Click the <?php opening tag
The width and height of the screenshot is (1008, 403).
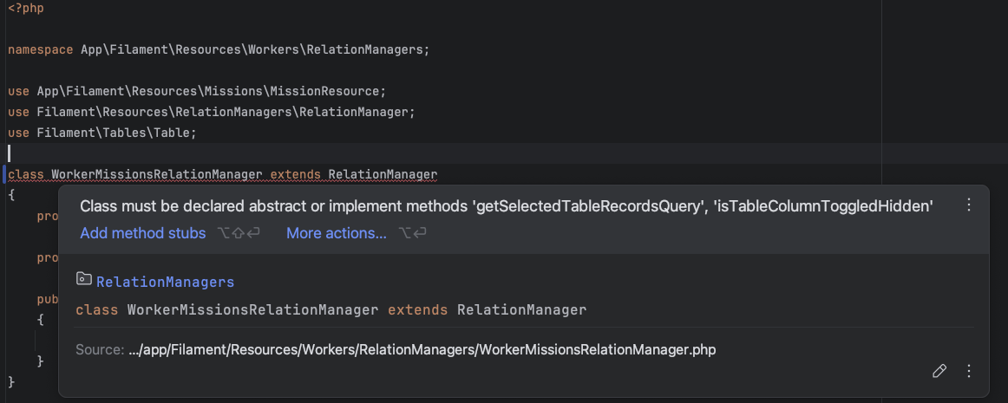pyautogui.click(x=26, y=8)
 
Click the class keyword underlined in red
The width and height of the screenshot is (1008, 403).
pyautogui.click(x=26, y=174)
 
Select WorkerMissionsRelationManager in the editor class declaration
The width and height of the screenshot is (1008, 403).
pyautogui.click(x=156, y=174)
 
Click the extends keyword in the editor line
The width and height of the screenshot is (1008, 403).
pyautogui.click(x=295, y=174)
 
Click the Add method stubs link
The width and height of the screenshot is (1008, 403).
pyautogui.click(x=143, y=233)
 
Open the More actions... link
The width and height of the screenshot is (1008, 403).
pyautogui.click(x=337, y=233)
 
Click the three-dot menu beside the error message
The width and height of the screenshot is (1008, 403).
pyautogui.click(x=969, y=205)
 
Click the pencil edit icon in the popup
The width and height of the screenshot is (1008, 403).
pyautogui.click(x=939, y=371)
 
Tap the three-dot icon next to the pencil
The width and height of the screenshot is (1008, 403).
pyautogui.click(x=969, y=371)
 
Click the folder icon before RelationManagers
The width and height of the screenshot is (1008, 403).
pyautogui.click(x=84, y=279)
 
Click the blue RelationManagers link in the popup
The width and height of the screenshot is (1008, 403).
pyautogui.click(x=165, y=282)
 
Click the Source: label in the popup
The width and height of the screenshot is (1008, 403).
pyautogui.click(x=100, y=350)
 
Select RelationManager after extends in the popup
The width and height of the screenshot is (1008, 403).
pyautogui.click(x=521, y=309)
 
